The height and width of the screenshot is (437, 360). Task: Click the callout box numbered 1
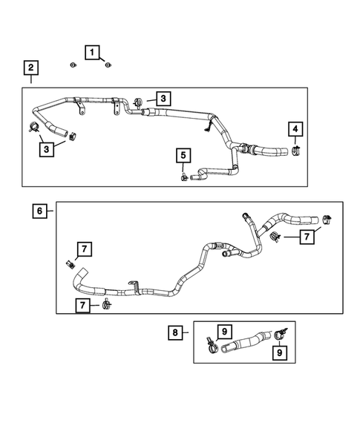point(93,52)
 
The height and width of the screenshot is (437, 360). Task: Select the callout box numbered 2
point(30,69)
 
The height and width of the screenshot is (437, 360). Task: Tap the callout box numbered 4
point(295,131)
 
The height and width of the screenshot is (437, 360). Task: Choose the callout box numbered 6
point(39,211)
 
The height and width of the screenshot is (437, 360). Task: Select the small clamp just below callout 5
point(182,177)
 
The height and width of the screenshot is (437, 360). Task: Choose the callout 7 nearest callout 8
point(85,305)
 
